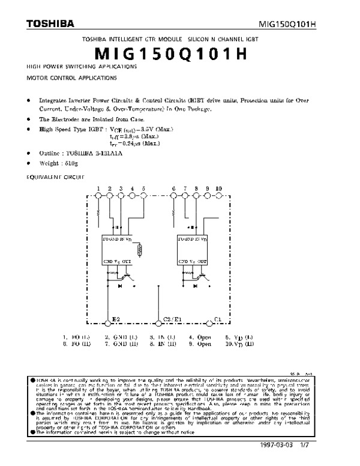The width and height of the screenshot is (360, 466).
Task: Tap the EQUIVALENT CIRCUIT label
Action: coord(56,177)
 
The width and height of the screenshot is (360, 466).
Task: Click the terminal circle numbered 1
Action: coord(98,196)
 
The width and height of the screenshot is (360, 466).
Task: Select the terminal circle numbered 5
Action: coord(144,196)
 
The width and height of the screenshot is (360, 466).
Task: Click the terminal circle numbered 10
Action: coord(219,196)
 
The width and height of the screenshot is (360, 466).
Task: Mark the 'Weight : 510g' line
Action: coord(58,162)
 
